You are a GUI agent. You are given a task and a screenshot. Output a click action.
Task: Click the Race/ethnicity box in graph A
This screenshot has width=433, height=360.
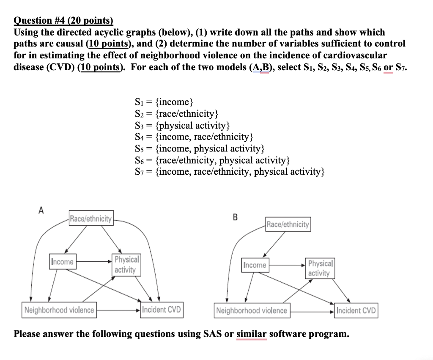pyautogui.click(x=91, y=219)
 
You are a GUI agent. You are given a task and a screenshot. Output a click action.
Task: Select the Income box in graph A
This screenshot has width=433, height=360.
pyautogui.click(x=62, y=261)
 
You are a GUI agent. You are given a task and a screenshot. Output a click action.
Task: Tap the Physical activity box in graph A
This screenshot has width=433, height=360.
pyautogui.click(x=126, y=265)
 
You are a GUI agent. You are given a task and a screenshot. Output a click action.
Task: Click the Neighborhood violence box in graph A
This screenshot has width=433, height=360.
pyautogui.click(x=59, y=310)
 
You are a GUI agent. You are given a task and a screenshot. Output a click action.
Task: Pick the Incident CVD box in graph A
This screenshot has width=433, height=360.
pyautogui.click(x=162, y=310)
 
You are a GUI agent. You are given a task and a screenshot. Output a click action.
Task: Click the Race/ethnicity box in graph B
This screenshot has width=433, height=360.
pyautogui.click(x=288, y=224)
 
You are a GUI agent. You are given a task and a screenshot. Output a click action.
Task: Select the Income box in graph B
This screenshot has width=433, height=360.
pyautogui.click(x=255, y=265)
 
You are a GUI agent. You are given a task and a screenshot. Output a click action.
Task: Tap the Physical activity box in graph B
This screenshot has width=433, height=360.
pyautogui.click(x=320, y=268)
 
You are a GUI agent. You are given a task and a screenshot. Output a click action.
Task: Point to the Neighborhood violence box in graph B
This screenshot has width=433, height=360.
pyautogui.click(x=252, y=311)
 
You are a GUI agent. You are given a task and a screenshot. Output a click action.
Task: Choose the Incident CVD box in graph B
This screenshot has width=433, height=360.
pyautogui.click(x=356, y=311)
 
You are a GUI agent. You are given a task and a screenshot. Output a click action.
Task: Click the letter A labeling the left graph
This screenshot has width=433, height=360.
pyautogui.click(x=41, y=209)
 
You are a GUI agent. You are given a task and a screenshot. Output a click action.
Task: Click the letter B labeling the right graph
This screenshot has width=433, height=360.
pyautogui.click(x=235, y=217)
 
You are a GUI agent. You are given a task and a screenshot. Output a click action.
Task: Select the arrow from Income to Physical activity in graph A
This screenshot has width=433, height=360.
pyautogui.click(x=93, y=261)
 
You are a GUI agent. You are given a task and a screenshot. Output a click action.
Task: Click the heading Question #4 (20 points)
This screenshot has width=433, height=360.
pyautogui.click(x=64, y=21)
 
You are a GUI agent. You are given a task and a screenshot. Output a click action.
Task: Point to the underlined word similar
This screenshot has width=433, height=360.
pyautogui.click(x=251, y=334)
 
